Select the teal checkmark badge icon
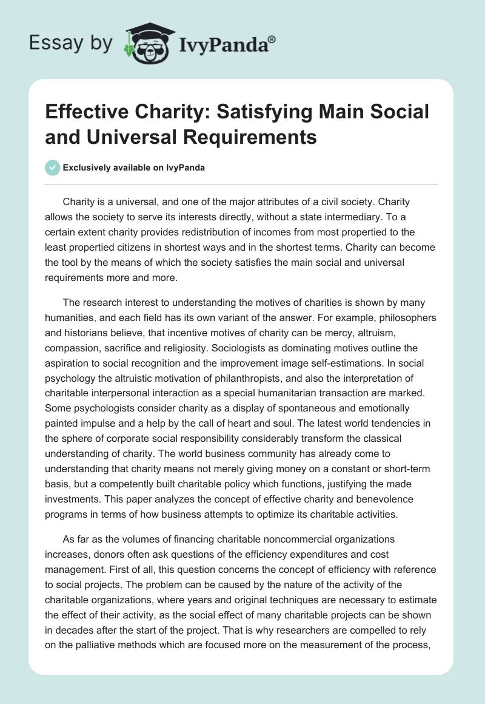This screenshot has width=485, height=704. click(53, 168)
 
